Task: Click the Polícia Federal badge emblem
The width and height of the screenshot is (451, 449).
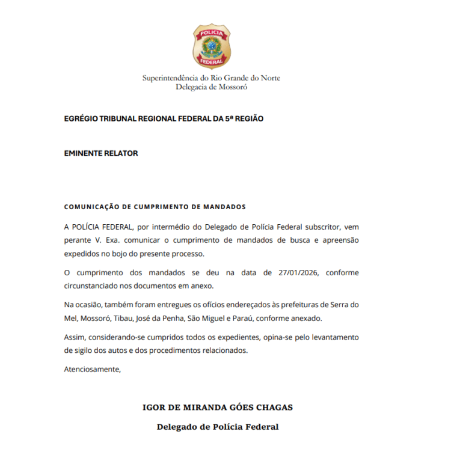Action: (x=211, y=46)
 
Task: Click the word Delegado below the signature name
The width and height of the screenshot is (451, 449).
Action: (x=178, y=427)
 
